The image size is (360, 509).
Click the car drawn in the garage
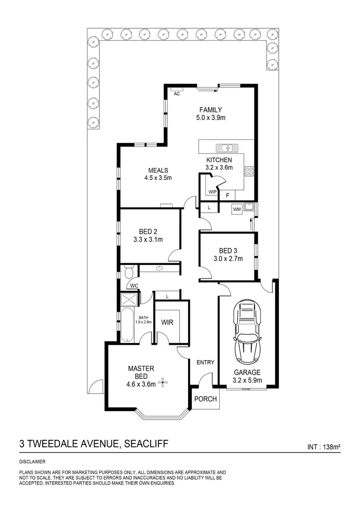point(247,332)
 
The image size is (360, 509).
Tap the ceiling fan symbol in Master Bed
point(165,382)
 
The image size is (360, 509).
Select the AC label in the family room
point(177,94)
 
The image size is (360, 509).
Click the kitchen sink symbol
point(224,147)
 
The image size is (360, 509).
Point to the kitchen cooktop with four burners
point(249,171)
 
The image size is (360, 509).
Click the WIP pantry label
point(212,192)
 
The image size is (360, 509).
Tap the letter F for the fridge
point(228,195)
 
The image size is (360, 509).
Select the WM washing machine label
point(236,209)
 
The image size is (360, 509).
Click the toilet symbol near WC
point(128,272)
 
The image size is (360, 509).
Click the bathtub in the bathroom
point(127,326)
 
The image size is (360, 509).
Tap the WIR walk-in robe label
point(168,322)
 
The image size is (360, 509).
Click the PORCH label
point(206,399)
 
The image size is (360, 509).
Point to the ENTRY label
point(205,363)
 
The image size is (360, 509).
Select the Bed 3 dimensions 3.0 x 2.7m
point(228,258)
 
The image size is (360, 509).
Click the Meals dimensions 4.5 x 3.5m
point(158,178)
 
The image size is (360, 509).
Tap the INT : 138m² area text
point(324,447)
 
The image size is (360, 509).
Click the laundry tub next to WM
point(249,208)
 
